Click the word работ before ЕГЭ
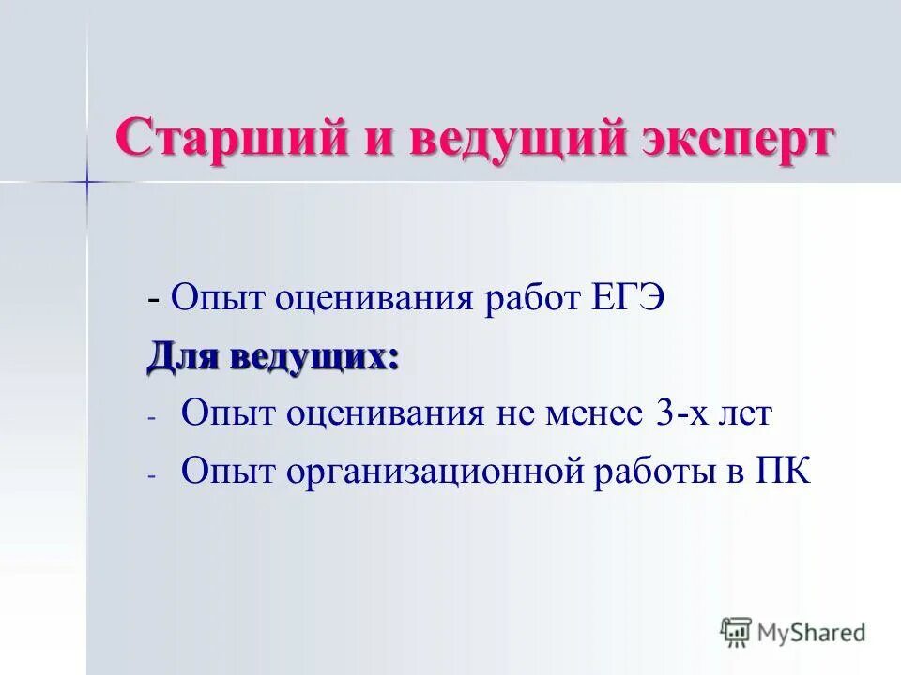coord(534,301)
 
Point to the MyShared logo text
coord(812,632)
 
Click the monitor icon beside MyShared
coord(737,632)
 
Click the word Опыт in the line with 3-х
coord(221,413)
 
